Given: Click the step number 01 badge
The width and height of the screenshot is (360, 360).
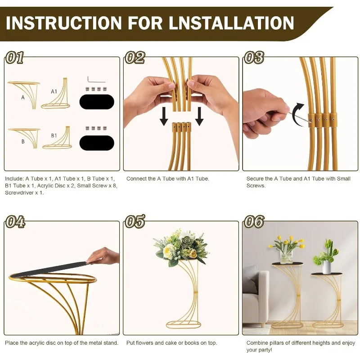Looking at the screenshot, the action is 15,58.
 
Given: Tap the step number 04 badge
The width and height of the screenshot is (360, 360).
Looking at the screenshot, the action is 15,221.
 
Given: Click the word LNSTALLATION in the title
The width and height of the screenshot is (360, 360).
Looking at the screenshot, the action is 231,23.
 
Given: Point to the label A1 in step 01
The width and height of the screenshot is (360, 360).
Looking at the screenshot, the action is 54,92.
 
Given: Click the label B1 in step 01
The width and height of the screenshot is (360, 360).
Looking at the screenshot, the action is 54,136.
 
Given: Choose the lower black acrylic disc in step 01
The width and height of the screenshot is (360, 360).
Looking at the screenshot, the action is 97,143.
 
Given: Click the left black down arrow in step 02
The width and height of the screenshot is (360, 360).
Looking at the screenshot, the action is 164,117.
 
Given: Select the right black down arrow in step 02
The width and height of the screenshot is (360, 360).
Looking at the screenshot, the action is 199,117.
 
